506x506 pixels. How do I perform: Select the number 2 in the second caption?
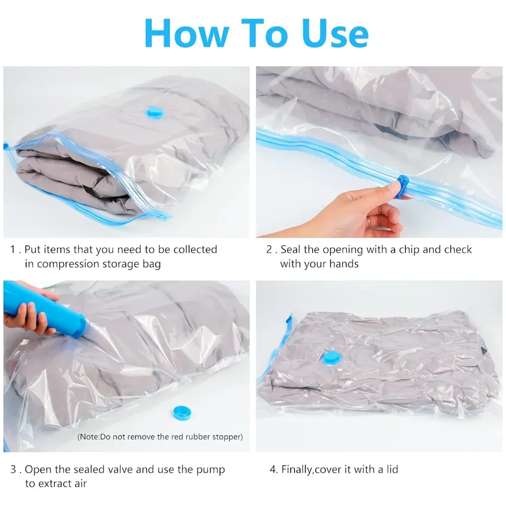pyautogui.click(x=270, y=250)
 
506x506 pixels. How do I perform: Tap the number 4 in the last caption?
pyautogui.click(x=272, y=470)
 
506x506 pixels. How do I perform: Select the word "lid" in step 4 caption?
pyautogui.click(x=391, y=470)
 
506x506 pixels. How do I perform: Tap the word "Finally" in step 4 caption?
pyautogui.click(x=297, y=470)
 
